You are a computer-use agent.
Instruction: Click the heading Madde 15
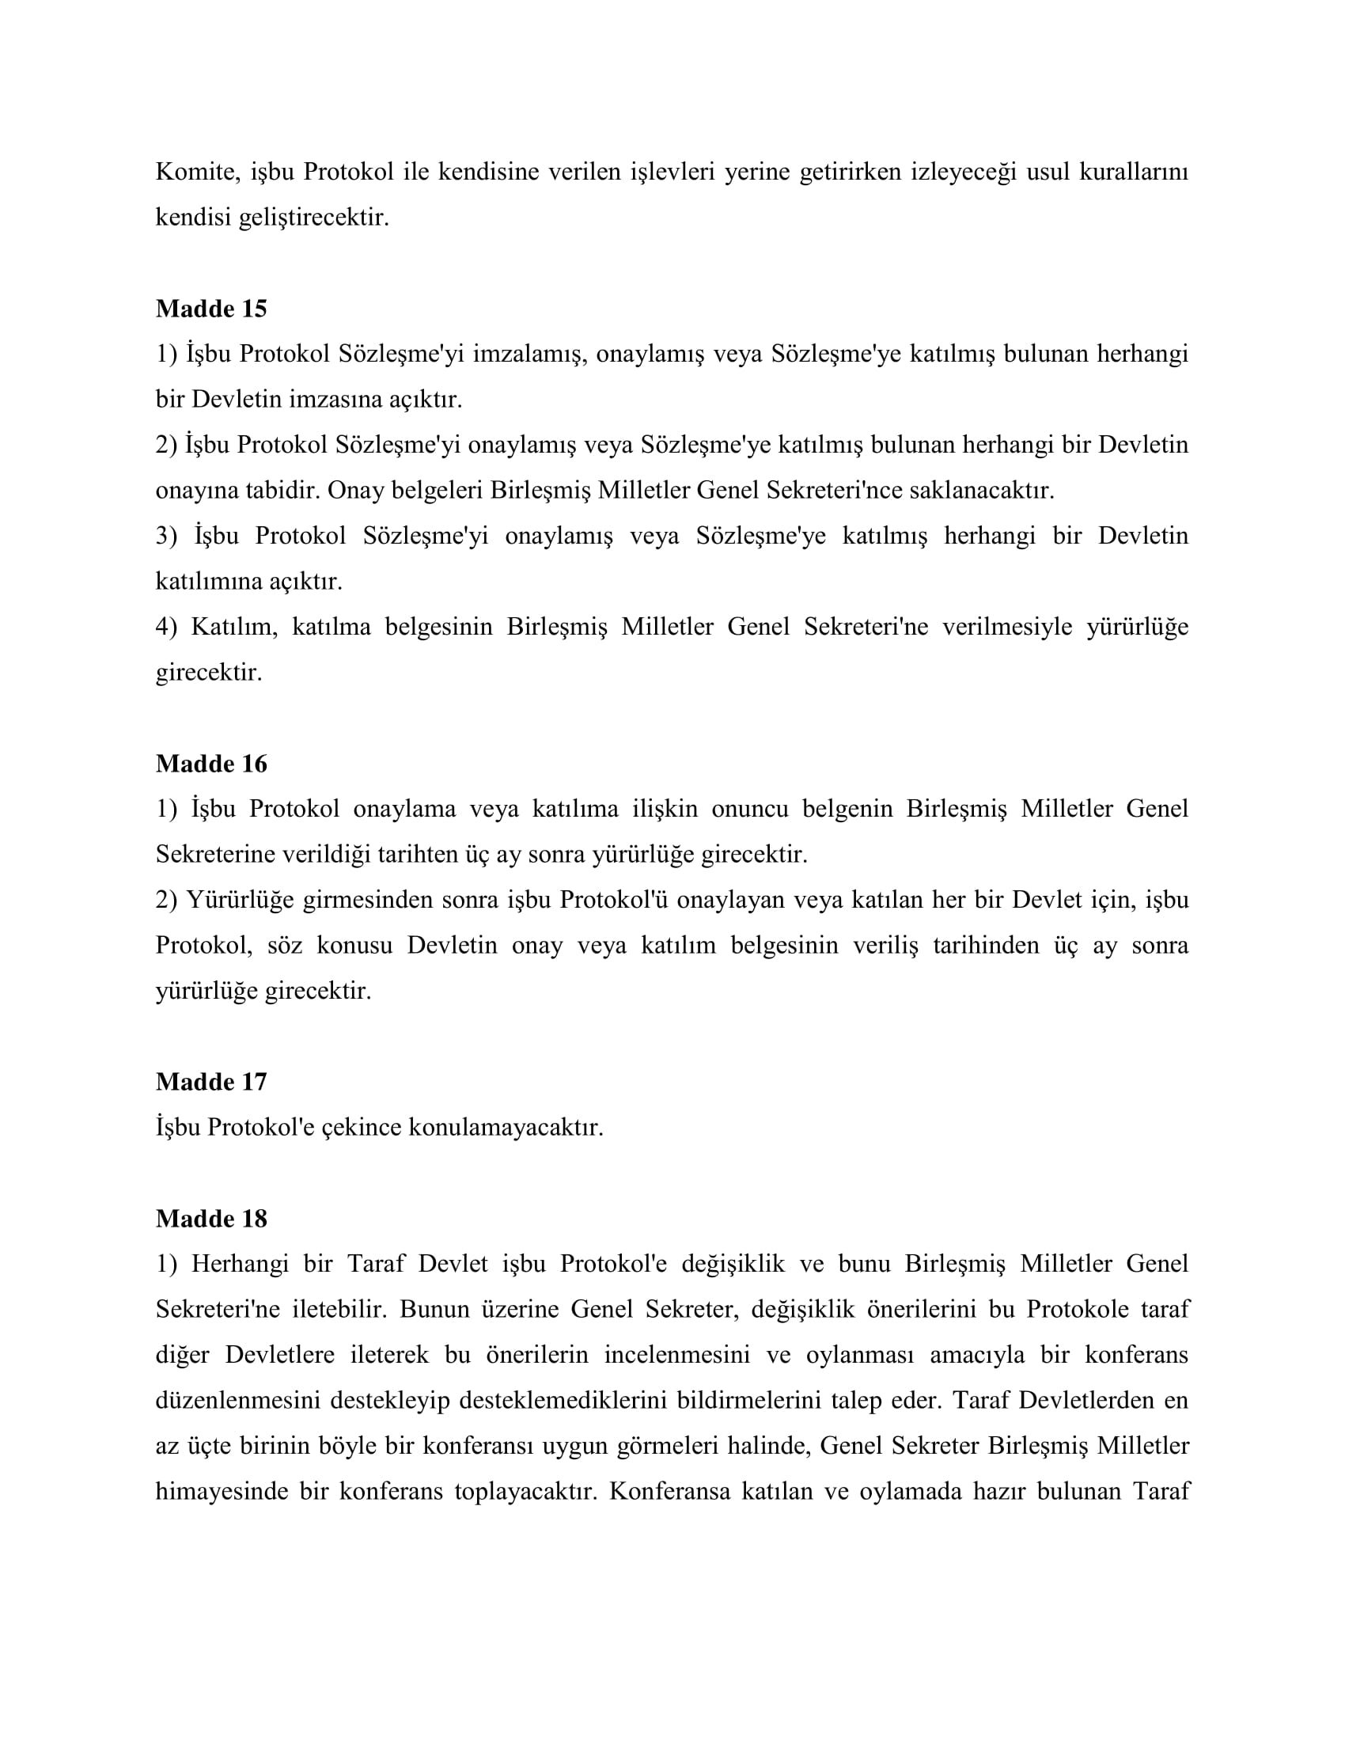point(211,309)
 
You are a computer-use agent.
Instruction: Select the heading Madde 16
point(211,764)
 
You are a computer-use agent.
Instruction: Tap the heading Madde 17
point(211,1082)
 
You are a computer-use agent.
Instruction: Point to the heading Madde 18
point(211,1218)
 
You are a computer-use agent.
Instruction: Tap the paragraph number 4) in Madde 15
point(165,627)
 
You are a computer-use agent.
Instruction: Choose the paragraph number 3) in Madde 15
point(165,536)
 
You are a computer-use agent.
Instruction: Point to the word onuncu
point(749,809)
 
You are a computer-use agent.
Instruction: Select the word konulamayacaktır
point(506,1127)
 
